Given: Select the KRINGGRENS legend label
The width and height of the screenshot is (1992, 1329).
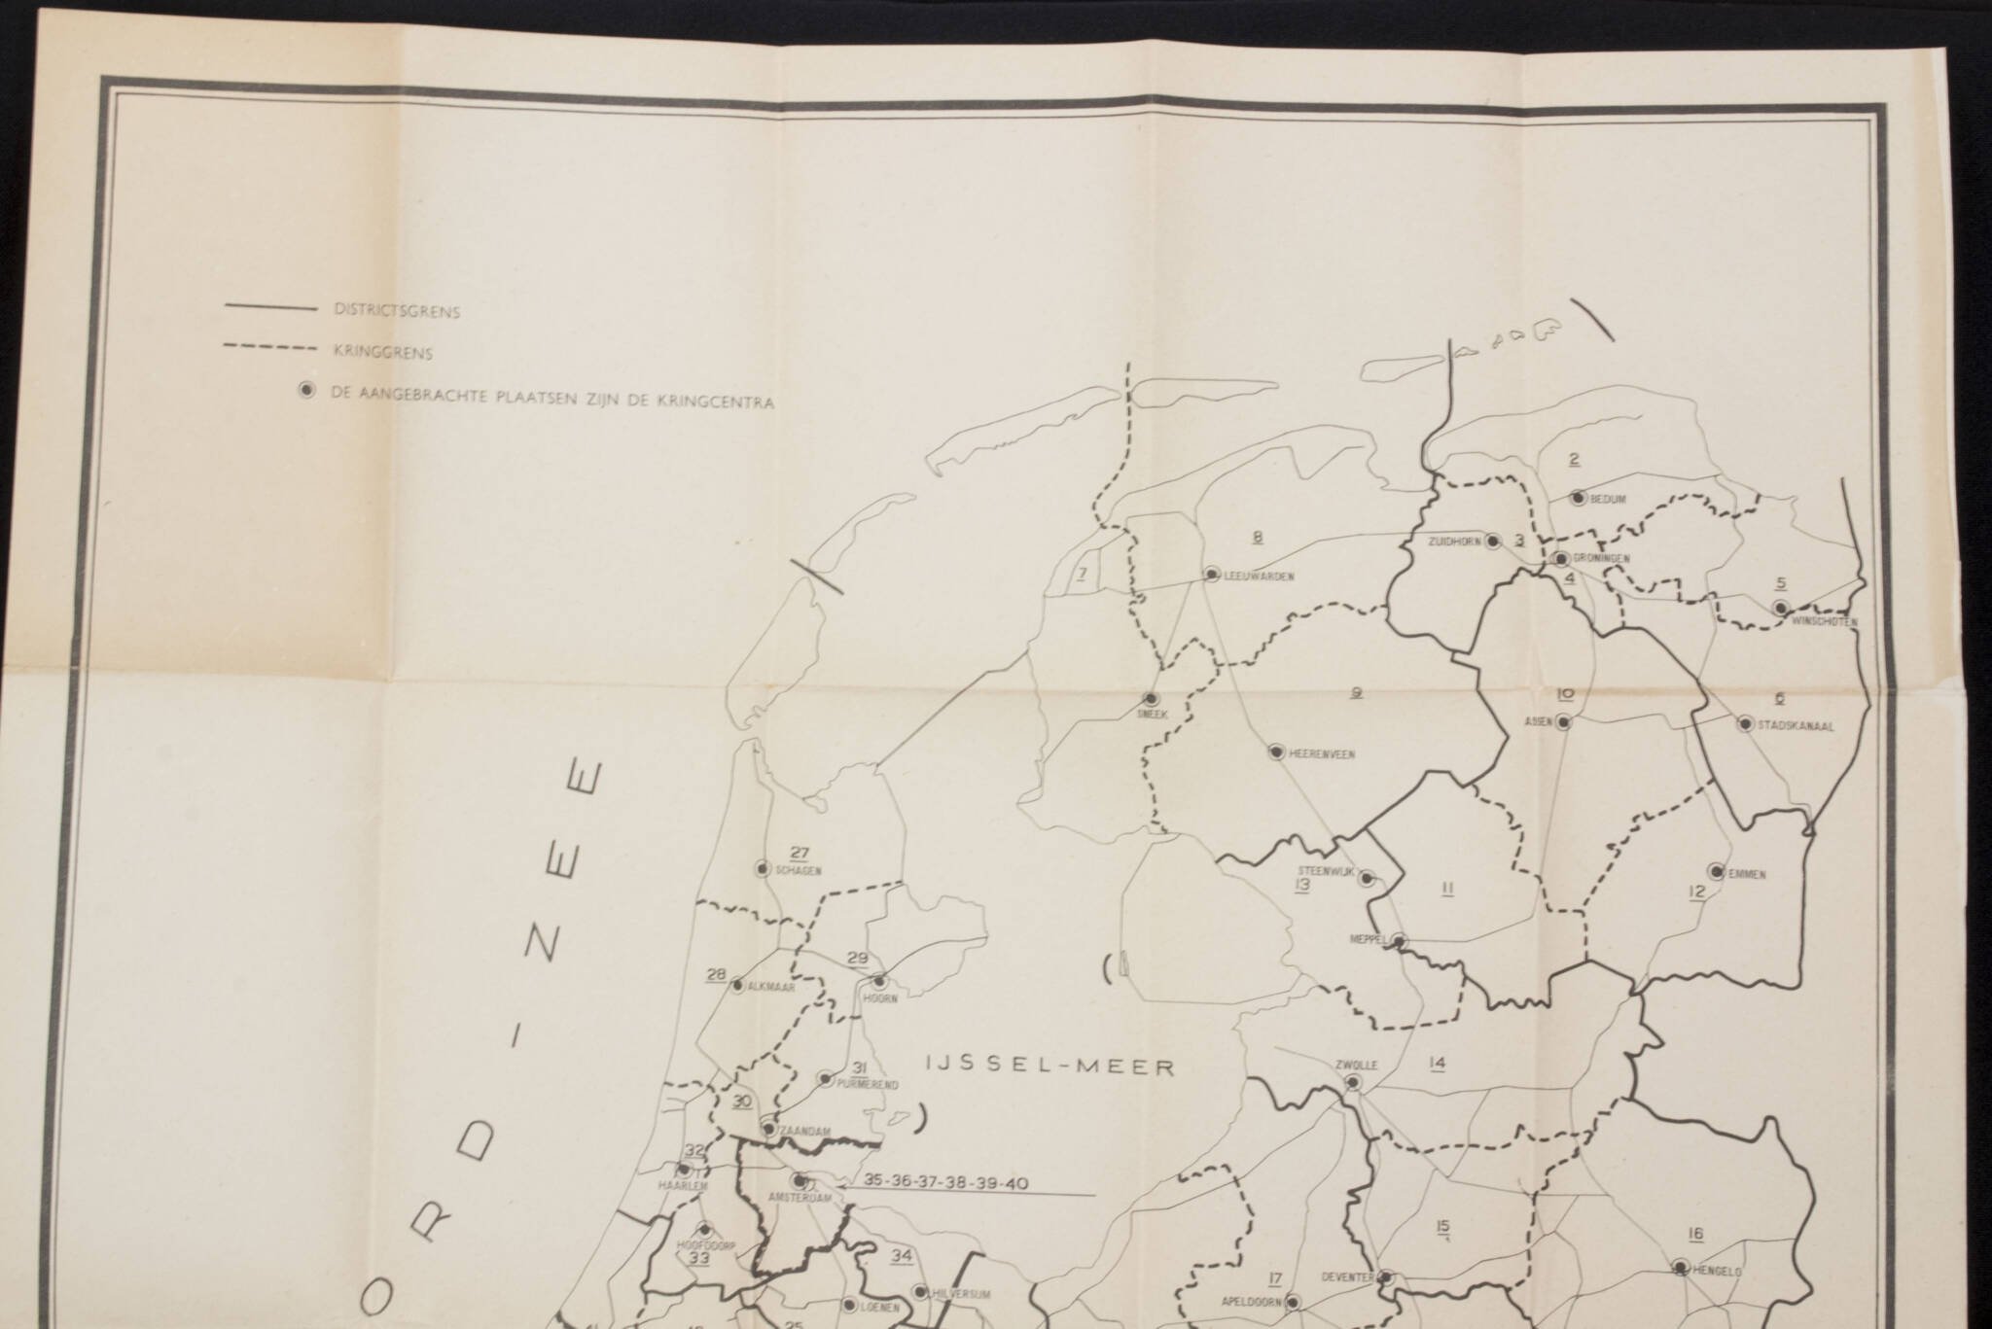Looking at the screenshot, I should point(382,354).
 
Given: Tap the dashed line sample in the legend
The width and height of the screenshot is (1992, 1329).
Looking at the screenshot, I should point(271,347).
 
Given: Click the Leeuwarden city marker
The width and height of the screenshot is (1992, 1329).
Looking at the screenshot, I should point(1211,575).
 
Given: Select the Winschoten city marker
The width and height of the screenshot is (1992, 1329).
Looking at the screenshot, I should point(1781,608).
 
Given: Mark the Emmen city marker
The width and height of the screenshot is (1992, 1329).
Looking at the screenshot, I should point(1717,871).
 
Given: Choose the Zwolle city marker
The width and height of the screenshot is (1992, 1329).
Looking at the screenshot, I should point(1353,1081).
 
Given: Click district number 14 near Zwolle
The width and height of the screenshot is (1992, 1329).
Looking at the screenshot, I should point(1437,1063).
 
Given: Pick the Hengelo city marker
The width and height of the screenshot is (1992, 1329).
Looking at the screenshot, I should point(1680,1267).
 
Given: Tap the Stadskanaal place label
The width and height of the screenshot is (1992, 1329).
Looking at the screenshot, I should point(1796,724).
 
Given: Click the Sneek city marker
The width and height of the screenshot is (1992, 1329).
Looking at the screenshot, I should point(1150,698).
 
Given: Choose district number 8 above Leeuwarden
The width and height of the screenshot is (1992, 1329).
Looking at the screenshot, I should point(1258,537).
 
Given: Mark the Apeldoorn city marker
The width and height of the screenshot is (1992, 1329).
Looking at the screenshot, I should point(1293,1302).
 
